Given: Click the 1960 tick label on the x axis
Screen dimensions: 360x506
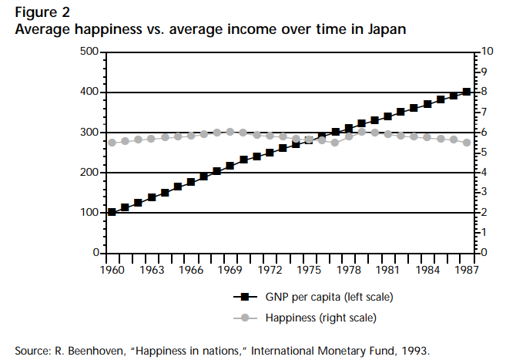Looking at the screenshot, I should [112, 271].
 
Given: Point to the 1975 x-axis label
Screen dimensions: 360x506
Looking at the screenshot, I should [309, 271].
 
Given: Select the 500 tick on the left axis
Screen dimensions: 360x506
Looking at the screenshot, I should [91, 52].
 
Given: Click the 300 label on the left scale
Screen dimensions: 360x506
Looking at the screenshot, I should [91, 133].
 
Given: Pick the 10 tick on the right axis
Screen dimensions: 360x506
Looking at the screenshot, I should [486, 52].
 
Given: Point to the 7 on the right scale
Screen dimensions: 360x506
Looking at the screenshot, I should [483, 113].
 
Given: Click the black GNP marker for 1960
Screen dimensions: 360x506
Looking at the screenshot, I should [112, 212].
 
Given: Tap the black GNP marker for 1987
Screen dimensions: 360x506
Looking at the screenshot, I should [467, 92].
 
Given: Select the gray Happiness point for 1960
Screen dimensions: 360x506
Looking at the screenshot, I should [112, 143].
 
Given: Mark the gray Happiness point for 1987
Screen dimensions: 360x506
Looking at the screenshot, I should [467, 143].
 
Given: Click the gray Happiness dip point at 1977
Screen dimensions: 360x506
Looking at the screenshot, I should [335, 143].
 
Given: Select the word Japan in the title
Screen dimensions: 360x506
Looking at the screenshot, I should [384, 29].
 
